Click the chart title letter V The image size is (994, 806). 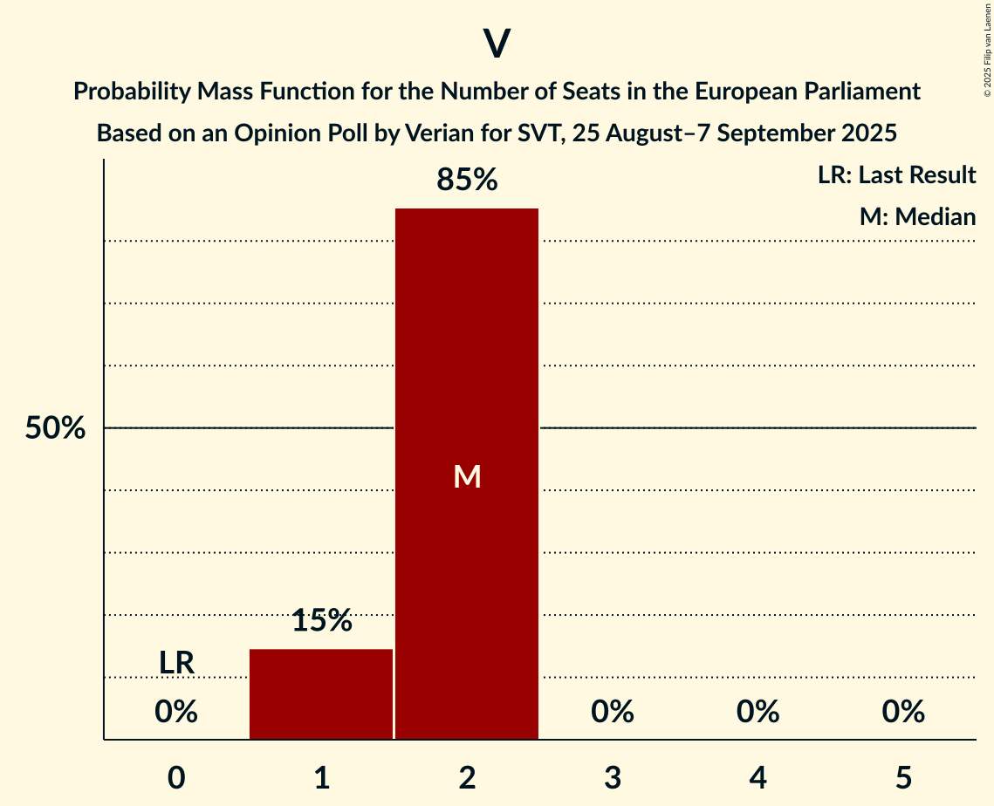click(x=497, y=44)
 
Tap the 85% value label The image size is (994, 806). click(x=467, y=181)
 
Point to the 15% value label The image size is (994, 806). click(x=321, y=621)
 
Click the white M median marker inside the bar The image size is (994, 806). click(x=467, y=476)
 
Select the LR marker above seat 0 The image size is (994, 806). click(x=176, y=663)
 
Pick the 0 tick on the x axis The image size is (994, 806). click(x=176, y=778)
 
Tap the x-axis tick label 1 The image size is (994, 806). click(x=321, y=778)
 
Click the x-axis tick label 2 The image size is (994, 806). click(x=467, y=778)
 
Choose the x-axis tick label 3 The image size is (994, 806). click(x=612, y=778)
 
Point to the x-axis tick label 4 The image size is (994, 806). click(x=757, y=778)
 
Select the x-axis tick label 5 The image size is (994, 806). click(x=902, y=778)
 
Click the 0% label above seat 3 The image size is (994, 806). click(x=612, y=713)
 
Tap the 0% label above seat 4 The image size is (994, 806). click(x=757, y=713)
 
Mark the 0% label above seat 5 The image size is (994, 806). click(x=902, y=713)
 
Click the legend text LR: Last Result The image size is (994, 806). click(x=896, y=175)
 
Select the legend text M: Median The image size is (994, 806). click(x=917, y=216)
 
